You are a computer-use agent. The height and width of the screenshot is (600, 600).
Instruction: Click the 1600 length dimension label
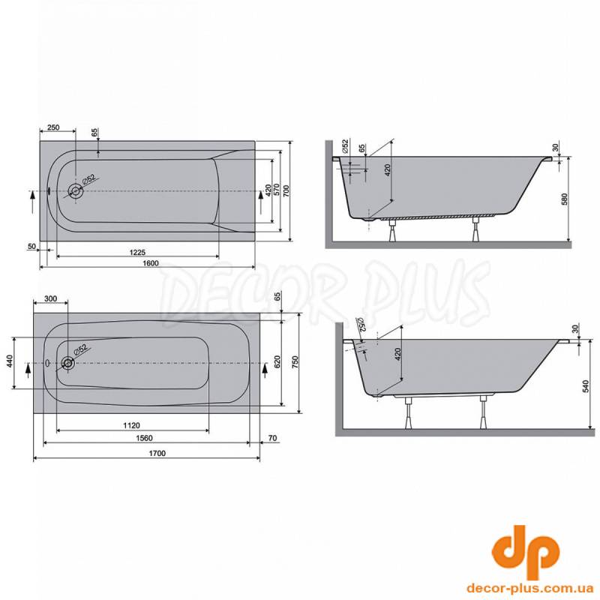(151, 263)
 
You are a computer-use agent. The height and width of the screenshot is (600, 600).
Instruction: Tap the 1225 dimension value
(137, 253)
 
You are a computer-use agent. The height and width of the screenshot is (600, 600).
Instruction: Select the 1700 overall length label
(157, 454)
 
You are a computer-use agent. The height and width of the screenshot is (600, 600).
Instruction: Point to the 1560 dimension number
(144, 438)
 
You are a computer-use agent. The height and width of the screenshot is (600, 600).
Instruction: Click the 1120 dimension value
(132, 425)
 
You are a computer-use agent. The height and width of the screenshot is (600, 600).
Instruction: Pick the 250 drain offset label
(53, 127)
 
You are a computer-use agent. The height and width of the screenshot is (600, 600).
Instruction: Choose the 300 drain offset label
(50, 298)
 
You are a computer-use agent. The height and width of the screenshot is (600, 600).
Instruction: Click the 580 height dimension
(565, 199)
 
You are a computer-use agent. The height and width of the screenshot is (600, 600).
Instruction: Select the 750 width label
(295, 362)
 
